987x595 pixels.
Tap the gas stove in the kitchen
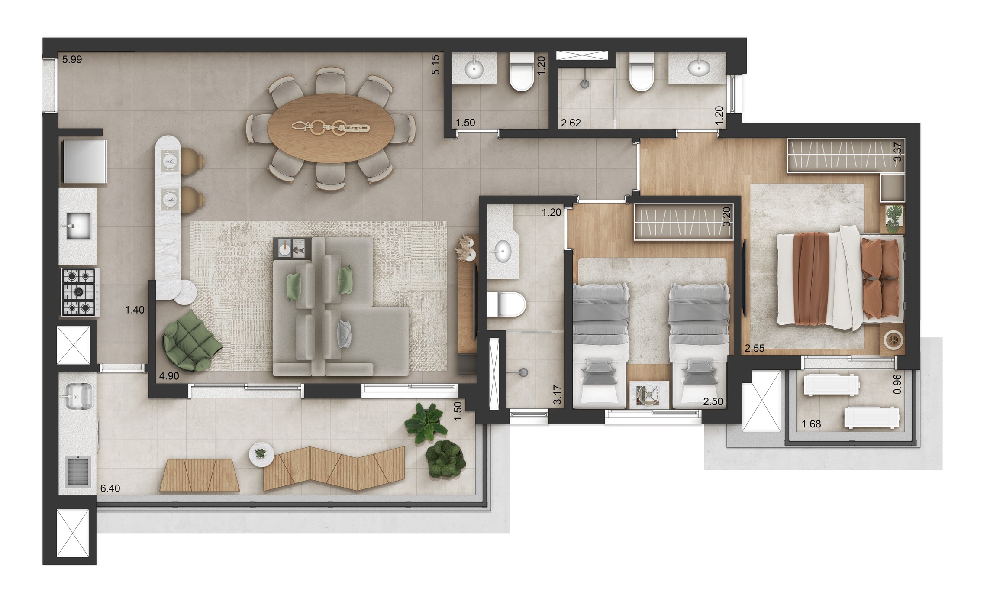(79, 292)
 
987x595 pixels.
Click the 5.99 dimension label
(72, 60)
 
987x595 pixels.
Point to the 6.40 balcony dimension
(110, 488)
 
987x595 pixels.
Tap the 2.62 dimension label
(571, 123)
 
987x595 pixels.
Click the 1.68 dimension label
(811, 424)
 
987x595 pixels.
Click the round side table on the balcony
(261, 454)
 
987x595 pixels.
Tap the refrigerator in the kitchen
(84, 161)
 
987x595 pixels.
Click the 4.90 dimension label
(169, 376)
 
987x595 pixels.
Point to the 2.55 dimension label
(755, 348)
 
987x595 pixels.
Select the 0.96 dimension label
(897, 384)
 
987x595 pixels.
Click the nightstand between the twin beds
(649, 395)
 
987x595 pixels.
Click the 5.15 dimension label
(435, 65)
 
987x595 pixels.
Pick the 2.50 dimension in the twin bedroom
(713, 401)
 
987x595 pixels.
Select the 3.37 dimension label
(898, 152)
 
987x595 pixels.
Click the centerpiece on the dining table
(331, 128)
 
